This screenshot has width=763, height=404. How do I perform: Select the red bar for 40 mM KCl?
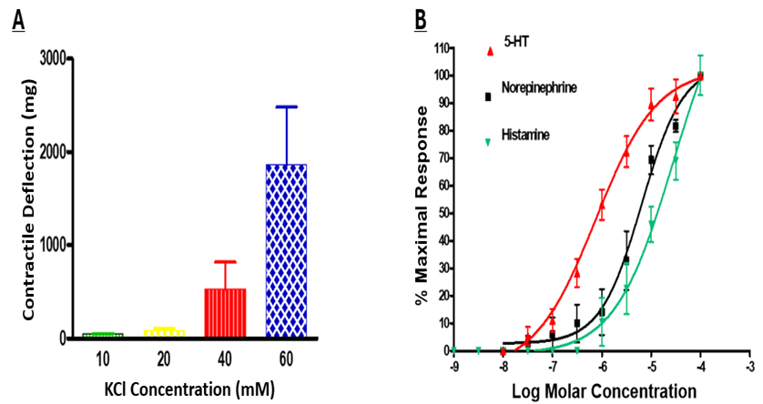pyautogui.click(x=224, y=313)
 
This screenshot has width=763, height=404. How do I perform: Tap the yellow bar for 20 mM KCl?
pyautogui.click(x=165, y=333)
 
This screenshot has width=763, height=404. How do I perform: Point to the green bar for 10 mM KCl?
pyautogui.click(x=103, y=335)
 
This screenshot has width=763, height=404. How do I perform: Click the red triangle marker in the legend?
pyautogui.click(x=491, y=52)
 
